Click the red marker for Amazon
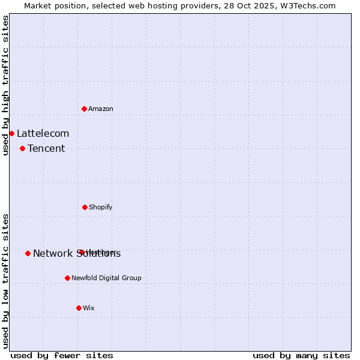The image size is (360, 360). point(85,109)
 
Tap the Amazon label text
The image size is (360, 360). point(101,109)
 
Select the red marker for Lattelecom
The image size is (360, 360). point(11,133)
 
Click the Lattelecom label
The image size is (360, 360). point(43,134)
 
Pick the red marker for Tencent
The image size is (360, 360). point(22,148)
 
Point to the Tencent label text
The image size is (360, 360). point(46,149)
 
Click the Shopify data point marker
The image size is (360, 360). point(85,207)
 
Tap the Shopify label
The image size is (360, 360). point(101,208)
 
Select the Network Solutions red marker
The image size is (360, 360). point(28,253)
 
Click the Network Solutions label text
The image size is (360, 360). point(77,254)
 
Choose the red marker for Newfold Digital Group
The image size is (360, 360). point(67,278)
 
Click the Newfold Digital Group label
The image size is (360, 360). point(106,278)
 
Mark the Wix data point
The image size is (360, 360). point(79,308)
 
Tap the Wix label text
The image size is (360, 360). point(89,308)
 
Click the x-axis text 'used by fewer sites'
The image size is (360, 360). point(62,355)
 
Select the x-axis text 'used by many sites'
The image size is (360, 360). point(301,355)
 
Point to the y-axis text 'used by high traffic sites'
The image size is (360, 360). point(6,85)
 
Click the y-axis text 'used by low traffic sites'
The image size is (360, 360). point(6,280)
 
